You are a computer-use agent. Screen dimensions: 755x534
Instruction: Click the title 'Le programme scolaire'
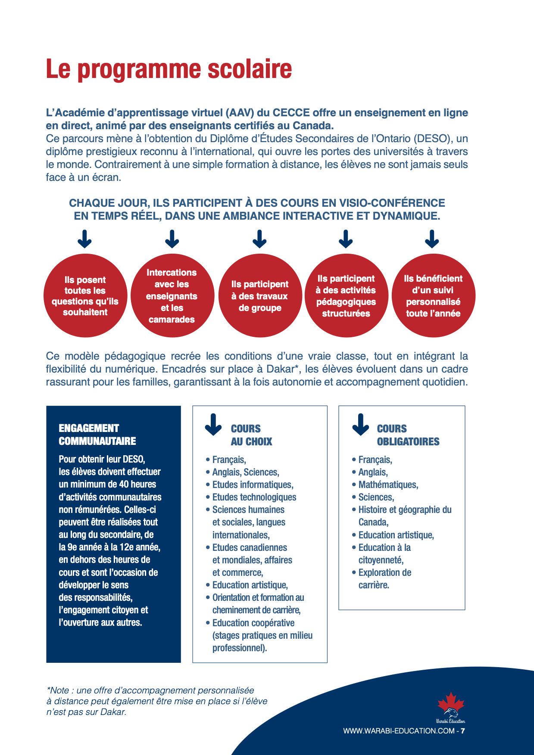click(x=169, y=69)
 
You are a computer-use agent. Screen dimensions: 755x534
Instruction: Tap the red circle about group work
click(x=259, y=296)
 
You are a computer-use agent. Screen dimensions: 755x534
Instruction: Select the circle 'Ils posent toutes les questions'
click(x=85, y=296)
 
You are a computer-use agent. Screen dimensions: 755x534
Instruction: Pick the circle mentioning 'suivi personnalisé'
click(x=433, y=296)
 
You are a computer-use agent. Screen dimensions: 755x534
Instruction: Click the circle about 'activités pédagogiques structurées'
click(x=346, y=296)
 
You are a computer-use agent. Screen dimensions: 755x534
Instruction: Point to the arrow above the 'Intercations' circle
click(x=172, y=239)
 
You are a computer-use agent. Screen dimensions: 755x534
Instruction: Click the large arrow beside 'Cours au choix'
click(x=213, y=425)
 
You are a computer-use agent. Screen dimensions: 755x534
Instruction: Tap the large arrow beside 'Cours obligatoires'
click(x=360, y=425)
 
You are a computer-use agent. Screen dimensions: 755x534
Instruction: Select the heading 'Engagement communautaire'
click(x=97, y=435)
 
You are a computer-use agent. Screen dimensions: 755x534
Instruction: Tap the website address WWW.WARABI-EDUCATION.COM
click(x=399, y=731)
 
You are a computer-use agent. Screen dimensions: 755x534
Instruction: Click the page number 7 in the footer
click(x=463, y=731)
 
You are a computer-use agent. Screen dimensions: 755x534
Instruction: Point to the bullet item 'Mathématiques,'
click(x=388, y=485)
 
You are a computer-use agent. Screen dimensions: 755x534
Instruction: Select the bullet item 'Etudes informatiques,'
click(x=253, y=485)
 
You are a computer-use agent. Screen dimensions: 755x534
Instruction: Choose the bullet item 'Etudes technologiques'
click(x=254, y=497)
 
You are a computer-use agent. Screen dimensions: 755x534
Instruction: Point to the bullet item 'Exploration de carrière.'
click(x=384, y=578)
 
